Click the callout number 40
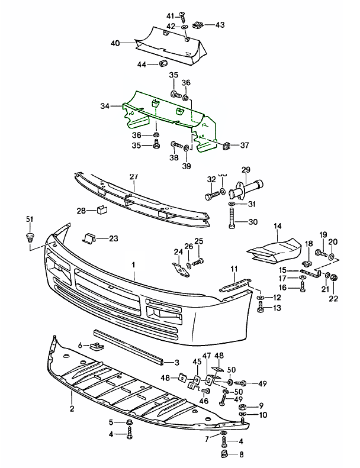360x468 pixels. pos(115,43)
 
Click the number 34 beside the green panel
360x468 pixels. pos(105,106)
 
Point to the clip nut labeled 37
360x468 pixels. pos(227,144)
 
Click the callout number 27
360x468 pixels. pos(133,176)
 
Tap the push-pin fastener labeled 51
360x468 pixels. pos(28,238)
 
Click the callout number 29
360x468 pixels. pos(246,169)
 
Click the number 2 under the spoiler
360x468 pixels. pos(72,409)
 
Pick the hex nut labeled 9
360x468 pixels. pos(242,407)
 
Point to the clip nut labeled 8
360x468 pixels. pos(225,454)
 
